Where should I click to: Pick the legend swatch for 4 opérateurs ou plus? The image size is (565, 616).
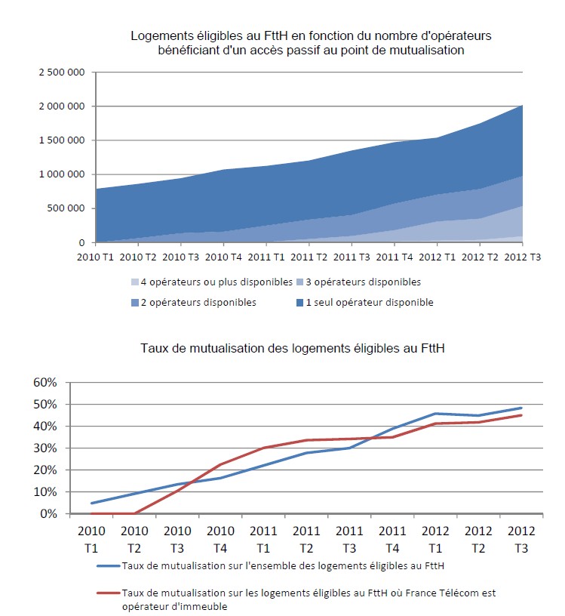[134, 282]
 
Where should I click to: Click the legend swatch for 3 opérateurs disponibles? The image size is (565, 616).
[300, 282]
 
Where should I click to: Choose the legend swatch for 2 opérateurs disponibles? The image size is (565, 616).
[134, 303]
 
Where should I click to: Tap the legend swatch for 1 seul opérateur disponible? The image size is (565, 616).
[300, 303]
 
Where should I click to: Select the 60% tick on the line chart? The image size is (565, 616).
[45, 382]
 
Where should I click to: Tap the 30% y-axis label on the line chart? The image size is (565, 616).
[45, 448]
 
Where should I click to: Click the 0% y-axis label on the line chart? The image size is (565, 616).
[48, 513]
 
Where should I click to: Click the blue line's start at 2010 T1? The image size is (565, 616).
[91, 503]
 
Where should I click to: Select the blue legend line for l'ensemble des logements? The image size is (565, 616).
[114, 563]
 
